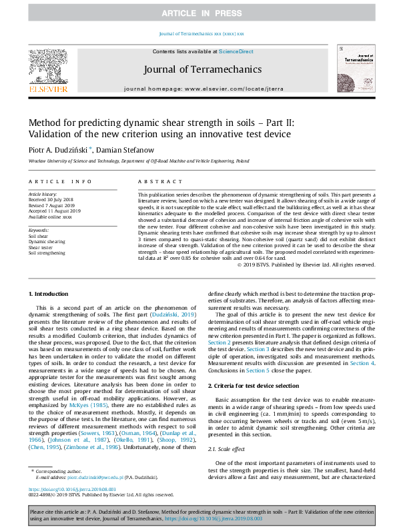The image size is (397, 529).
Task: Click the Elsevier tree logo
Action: tap(47, 67)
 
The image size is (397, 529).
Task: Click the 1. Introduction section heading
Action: tap(50, 294)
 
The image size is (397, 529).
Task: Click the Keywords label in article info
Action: tap(39, 230)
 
